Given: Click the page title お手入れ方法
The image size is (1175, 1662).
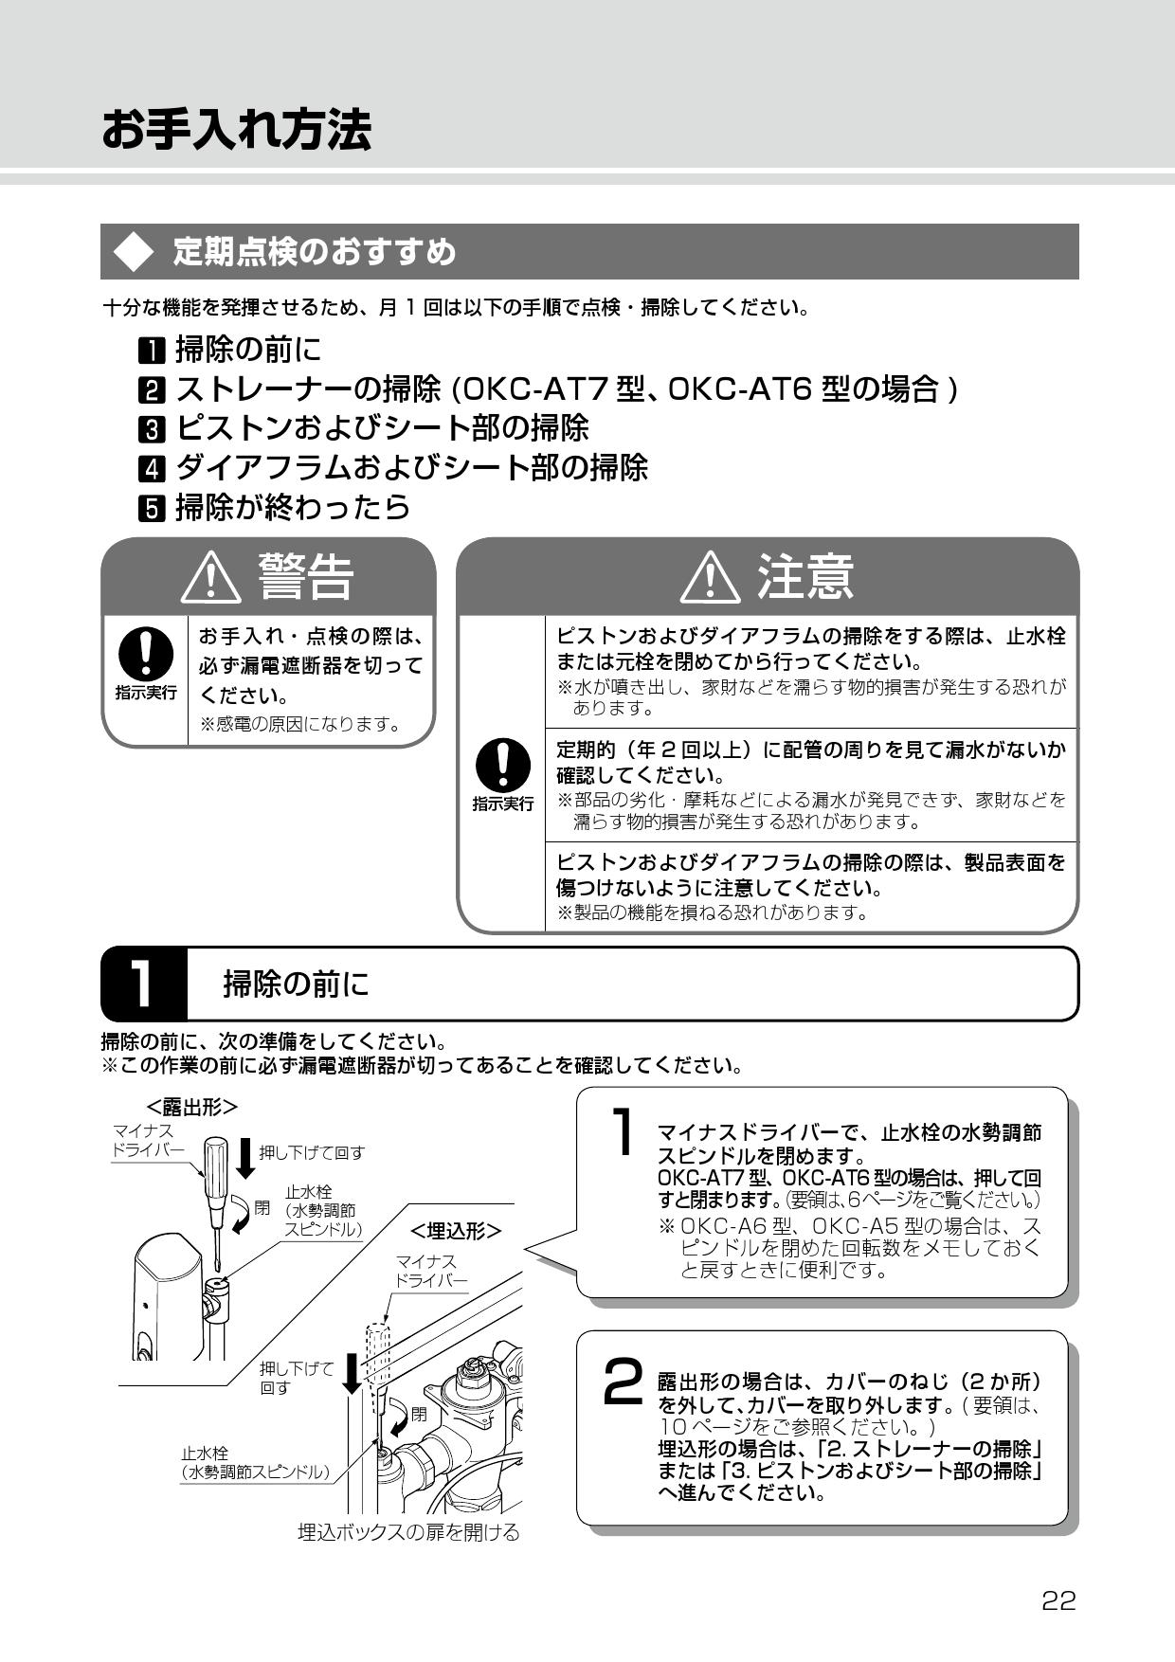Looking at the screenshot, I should [x=236, y=129].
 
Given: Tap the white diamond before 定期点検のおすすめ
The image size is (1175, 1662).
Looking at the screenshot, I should [x=133, y=252].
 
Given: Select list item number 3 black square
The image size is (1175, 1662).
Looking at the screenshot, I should [x=152, y=429].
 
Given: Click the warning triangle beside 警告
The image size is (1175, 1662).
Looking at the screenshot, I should [x=210, y=577].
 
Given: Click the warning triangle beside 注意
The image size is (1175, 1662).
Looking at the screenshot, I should [x=711, y=577].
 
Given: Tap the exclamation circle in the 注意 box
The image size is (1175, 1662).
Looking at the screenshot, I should [x=502, y=766].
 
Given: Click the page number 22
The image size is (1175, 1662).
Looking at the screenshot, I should [x=1058, y=1601].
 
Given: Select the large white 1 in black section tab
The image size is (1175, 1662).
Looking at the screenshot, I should [x=141, y=984].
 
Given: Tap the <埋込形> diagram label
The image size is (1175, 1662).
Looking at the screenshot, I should [x=456, y=1230].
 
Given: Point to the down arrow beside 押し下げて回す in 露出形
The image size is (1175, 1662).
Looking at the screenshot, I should [x=245, y=1157].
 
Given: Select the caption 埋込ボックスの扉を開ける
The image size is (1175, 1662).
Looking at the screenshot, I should [x=408, y=1532].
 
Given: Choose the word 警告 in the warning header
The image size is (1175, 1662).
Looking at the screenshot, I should [x=305, y=577].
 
